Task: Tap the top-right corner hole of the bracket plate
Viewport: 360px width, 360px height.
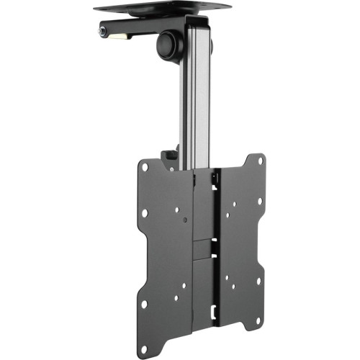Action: (251, 163)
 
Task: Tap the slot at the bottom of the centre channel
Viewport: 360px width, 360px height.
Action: (215, 311)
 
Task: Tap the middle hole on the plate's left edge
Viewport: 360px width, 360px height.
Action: (145, 214)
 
